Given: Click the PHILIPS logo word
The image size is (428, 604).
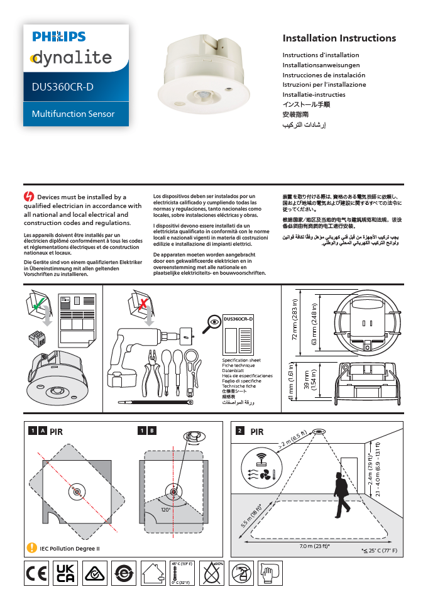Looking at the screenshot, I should pyautogui.click(x=59, y=37).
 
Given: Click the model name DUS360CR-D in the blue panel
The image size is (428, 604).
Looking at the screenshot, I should pyautogui.click(x=63, y=87).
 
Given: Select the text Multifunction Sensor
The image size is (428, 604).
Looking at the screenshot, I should pyautogui.click(x=74, y=114).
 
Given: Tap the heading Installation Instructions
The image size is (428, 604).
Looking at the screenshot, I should pyautogui.click(x=339, y=38).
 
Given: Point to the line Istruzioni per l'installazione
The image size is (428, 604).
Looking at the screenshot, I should pyautogui.click(x=324, y=84).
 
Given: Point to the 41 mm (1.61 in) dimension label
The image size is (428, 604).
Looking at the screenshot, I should pyautogui.click(x=290, y=383).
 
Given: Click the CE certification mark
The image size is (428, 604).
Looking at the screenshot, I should pyautogui.click(x=36, y=573).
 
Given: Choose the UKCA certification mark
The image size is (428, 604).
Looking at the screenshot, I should pyautogui.click(x=65, y=573).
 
